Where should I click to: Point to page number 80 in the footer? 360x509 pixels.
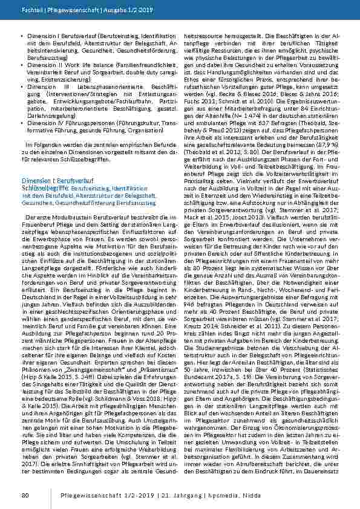click(x=25, y=496)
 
